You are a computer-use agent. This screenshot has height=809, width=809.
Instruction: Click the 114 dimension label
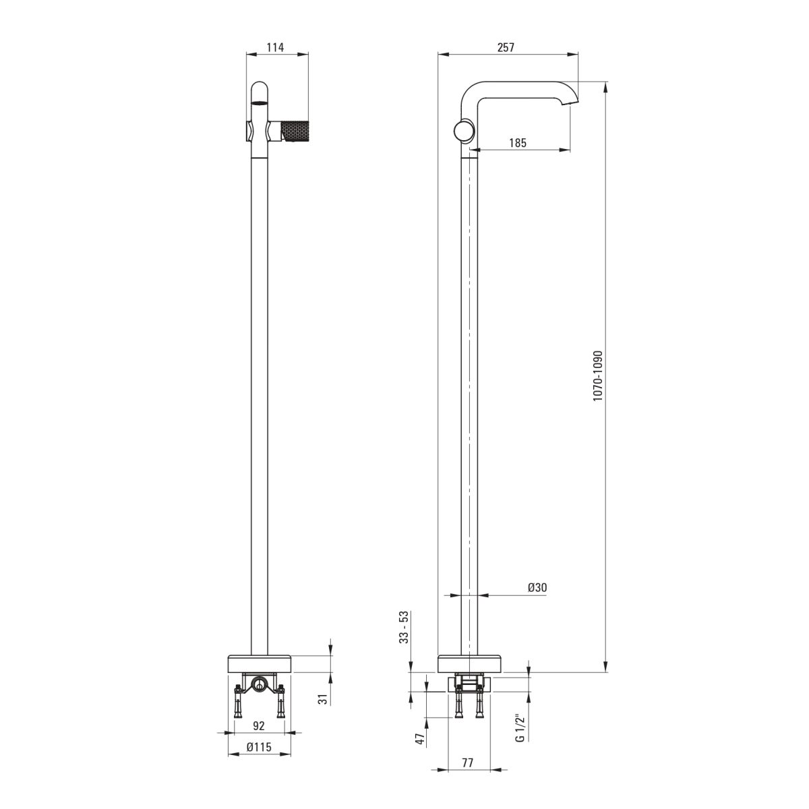point(276,47)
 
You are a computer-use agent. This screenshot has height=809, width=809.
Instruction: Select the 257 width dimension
point(506,47)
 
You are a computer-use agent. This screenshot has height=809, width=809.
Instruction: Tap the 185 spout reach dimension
point(518,143)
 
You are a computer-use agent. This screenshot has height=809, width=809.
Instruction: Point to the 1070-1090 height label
point(598,376)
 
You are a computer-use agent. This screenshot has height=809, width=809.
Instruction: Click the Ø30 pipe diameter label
point(537,587)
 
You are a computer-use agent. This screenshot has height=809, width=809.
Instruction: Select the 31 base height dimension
point(322,699)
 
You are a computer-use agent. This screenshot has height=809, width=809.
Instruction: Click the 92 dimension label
point(259,725)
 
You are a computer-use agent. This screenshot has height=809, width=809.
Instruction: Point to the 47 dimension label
point(420,739)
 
